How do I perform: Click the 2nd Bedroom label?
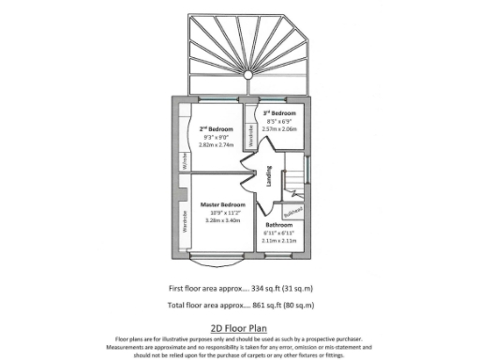coord(216,128)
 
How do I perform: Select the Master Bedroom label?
coord(222,204)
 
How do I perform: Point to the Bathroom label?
coord(278,225)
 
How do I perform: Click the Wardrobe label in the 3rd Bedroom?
coord(250,135)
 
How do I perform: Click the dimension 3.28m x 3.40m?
coord(222,220)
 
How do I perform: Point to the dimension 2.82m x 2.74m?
coord(216,144)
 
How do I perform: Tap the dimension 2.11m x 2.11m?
coord(278,241)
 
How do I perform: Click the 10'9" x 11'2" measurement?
coord(222,213)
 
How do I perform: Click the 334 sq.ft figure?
coord(259,288)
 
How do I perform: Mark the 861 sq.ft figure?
coord(259,306)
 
